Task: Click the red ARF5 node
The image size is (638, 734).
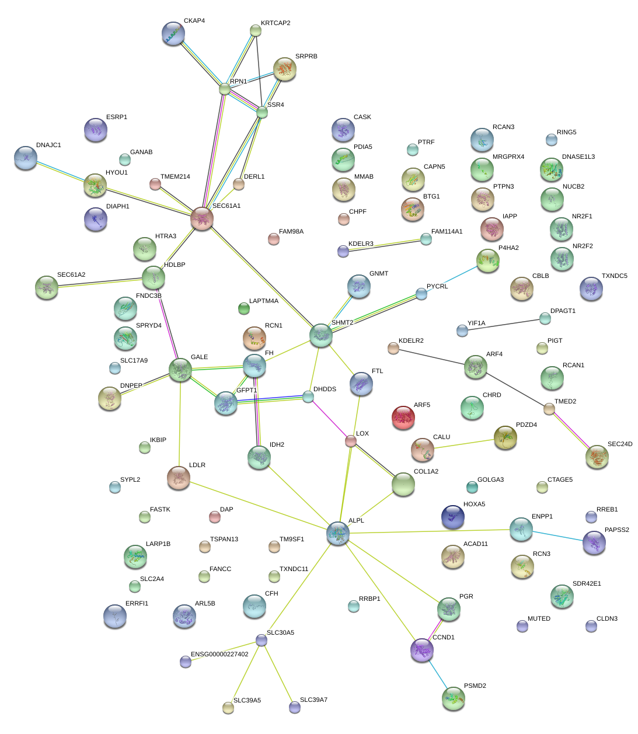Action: pyautogui.click(x=403, y=417)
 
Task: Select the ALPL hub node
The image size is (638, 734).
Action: pyautogui.click(x=338, y=533)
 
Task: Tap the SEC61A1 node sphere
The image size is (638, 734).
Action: pyautogui.click(x=202, y=218)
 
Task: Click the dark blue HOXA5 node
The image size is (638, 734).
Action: pyautogui.click(x=453, y=517)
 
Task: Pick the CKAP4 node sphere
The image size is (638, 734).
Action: pyautogui.click(x=173, y=33)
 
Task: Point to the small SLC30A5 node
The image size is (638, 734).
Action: pyautogui.click(x=262, y=640)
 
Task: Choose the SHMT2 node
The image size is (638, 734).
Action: pyautogui.click(x=321, y=335)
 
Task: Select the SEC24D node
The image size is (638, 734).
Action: pyautogui.click(x=597, y=457)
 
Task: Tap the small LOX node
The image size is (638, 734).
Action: pyautogui.click(x=350, y=441)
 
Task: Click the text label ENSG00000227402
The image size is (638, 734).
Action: pyautogui.click(x=219, y=654)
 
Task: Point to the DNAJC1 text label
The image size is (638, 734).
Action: pyautogui.click(x=48, y=145)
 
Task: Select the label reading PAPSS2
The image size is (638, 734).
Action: pyautogui.click(x=617, y=530)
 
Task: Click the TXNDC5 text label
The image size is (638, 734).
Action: pyautogui.click(x=615, y=276)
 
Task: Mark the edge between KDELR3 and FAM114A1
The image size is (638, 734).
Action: pyautogui.click(x=385, y=245)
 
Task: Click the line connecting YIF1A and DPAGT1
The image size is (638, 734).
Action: pyautogui.click(x=503, y=325)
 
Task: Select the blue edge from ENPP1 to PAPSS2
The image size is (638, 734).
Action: pyautogui.click(x=557, y=536)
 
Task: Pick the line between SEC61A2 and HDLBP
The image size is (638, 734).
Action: pyautogui.click(x=100, y=283)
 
